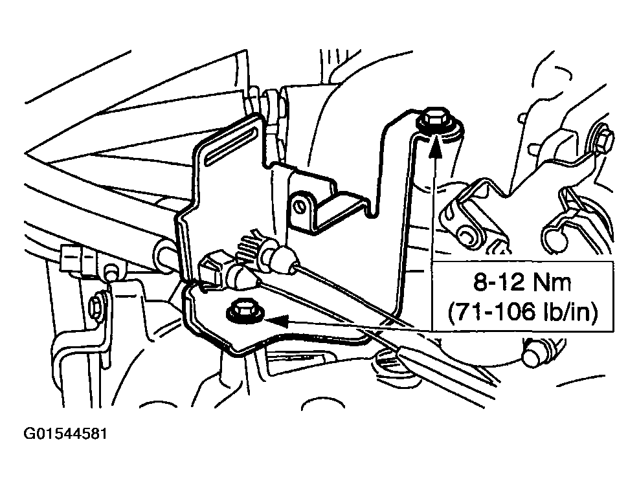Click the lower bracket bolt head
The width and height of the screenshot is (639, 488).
[244, 310]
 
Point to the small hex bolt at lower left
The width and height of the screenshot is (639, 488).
[98, 301]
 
